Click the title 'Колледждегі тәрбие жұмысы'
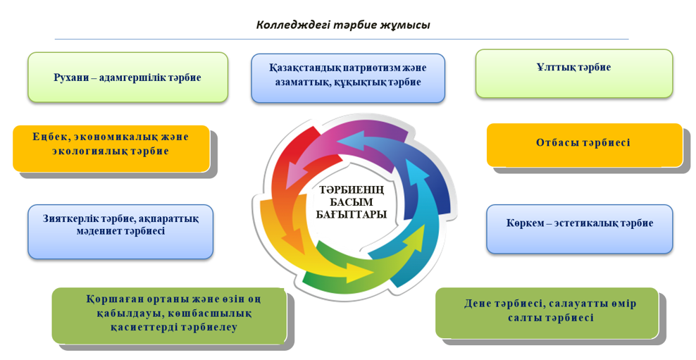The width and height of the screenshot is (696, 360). (342, 25)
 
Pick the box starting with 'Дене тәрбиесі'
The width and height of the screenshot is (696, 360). (550, 311)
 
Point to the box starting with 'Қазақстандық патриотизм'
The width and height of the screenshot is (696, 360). (348, 75)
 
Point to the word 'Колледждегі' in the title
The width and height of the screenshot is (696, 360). (289, 25)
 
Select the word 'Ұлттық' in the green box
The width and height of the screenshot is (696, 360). (554, 68)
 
